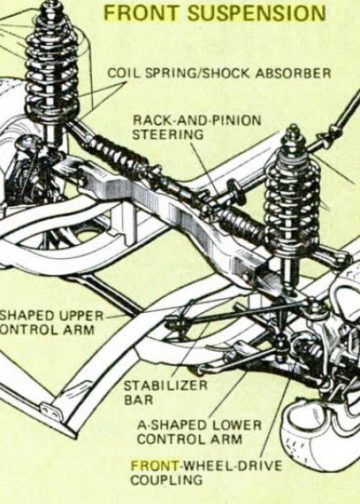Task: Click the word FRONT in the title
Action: [x=142, y=13]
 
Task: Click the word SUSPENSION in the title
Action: [x=256, y=13]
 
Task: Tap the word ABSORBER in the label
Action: [x=293, y=73]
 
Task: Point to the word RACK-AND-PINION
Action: [x=197, y=120]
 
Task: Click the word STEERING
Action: [x=168, y=135]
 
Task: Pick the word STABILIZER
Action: [x=166, y=386]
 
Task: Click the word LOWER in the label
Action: [x=237, y=425]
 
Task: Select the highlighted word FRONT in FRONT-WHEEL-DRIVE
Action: [x=155, y=465]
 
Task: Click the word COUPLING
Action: [x=167, y=480]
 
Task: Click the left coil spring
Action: [x=52, y=67]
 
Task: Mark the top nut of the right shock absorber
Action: [x=293, y=130]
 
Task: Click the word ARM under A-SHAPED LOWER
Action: [x=226, y=439]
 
